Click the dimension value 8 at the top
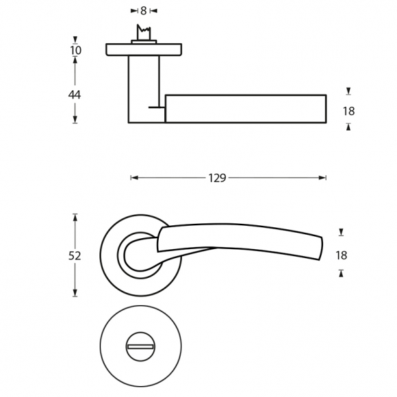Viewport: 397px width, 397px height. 144,11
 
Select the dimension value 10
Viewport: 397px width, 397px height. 76,50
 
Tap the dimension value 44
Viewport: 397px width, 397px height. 75,94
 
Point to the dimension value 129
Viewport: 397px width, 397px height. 217,178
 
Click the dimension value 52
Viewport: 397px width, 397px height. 75,256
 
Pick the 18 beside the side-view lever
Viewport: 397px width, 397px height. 348,111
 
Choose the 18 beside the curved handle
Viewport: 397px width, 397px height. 342,255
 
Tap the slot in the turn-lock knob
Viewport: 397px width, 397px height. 140,346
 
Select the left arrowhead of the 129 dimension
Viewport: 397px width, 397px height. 134,178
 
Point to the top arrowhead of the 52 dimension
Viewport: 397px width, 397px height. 75,218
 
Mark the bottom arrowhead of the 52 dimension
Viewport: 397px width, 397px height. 75,293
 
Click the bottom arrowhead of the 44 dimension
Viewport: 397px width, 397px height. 75,120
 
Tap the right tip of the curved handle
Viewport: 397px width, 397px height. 322,248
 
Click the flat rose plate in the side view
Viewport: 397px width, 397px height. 144,49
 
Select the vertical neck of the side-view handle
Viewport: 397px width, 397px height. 144,88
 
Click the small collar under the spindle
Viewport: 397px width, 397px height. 144,42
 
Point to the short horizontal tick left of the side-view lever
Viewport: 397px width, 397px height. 157,107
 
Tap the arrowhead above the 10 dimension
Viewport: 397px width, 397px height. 75,40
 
